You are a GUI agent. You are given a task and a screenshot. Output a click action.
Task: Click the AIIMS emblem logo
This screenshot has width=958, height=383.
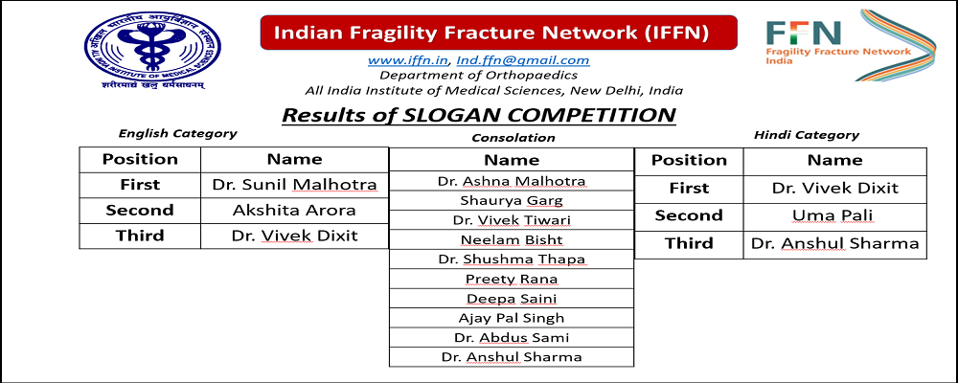152,50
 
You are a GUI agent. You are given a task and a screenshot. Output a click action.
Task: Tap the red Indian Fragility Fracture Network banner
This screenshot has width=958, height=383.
498,33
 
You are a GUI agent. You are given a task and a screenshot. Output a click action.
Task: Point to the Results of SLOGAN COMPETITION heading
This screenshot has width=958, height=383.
478,115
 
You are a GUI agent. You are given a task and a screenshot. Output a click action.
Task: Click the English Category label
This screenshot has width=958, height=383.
178,133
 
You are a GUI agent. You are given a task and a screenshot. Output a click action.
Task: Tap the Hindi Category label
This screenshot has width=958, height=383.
807,135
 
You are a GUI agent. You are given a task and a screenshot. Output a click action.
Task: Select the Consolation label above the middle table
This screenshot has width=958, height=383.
513,138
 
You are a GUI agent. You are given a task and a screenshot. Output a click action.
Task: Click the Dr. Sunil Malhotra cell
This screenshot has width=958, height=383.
294,185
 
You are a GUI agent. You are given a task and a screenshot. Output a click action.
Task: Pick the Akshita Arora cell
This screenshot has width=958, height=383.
294,210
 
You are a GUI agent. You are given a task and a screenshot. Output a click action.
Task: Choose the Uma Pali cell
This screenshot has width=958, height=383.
835,215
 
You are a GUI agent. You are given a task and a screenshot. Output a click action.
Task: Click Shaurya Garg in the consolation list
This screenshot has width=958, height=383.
512,200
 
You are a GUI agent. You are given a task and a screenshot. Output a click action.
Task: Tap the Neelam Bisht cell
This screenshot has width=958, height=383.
512,239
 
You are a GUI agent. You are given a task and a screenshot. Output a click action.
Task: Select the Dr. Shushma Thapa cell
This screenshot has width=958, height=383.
512,259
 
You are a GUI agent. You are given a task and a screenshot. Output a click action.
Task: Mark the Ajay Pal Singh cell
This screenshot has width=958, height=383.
512,318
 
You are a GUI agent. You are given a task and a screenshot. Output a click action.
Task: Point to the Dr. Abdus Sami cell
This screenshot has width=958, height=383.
512,337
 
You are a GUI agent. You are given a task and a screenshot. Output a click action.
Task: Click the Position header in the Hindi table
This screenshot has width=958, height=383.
689,161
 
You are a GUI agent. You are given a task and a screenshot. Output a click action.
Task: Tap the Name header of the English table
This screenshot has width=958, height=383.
294,160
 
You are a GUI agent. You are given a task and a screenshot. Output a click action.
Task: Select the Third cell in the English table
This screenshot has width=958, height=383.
140,236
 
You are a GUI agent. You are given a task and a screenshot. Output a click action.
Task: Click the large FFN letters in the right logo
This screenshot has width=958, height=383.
804,33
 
